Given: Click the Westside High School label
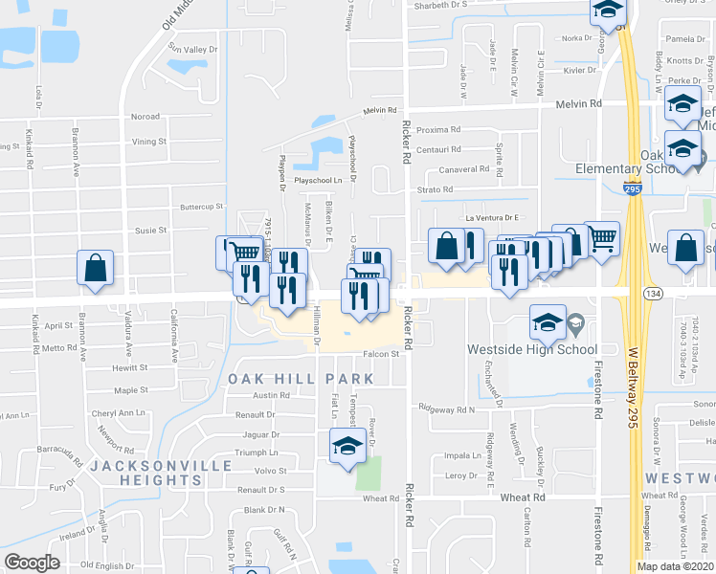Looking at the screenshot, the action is pos(531,349).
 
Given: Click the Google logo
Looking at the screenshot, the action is pos(32,563).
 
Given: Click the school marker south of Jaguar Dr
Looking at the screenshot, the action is pos(347,446).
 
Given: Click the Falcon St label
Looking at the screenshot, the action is pos(379,355).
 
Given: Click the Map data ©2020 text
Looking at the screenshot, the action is pos(674,566).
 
